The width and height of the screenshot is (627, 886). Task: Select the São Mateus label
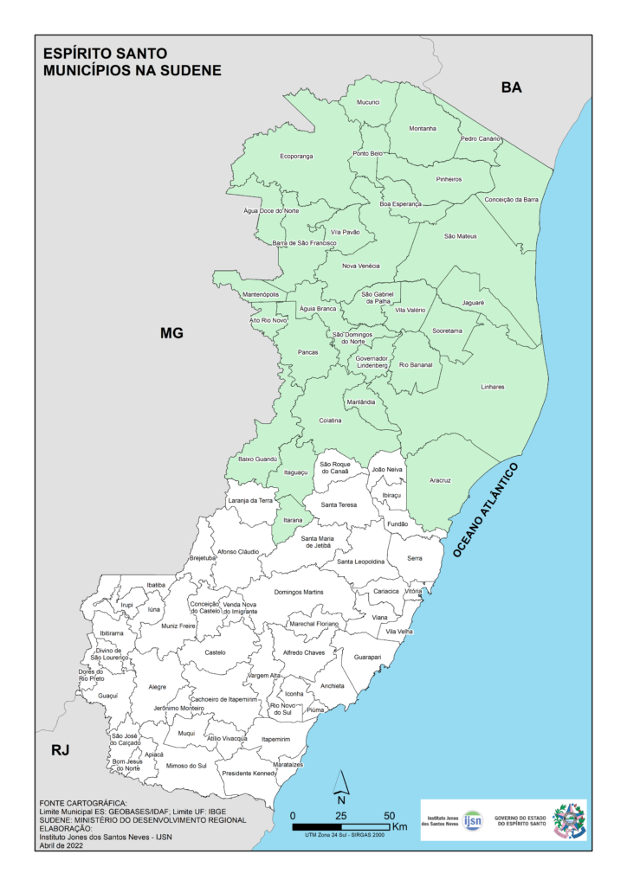click(461, 235)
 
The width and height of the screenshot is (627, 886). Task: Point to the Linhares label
click(492, 387)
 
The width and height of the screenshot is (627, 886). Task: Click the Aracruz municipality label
click(441, 480)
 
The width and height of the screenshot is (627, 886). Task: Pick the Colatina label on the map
click(330, 421)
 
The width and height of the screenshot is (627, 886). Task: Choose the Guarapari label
click(367, 658)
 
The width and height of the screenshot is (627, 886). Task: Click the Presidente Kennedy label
click(249, 773)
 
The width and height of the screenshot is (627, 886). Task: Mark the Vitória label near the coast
click(414, 591)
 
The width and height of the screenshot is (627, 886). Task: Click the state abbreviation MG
click(171, 332)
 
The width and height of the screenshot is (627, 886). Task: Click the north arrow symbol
click(341, 785)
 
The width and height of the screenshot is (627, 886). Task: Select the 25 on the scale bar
click(341, 816)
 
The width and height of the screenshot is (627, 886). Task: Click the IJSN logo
click(473, 819)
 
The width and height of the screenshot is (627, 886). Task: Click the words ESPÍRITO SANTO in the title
click(106, 53)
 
